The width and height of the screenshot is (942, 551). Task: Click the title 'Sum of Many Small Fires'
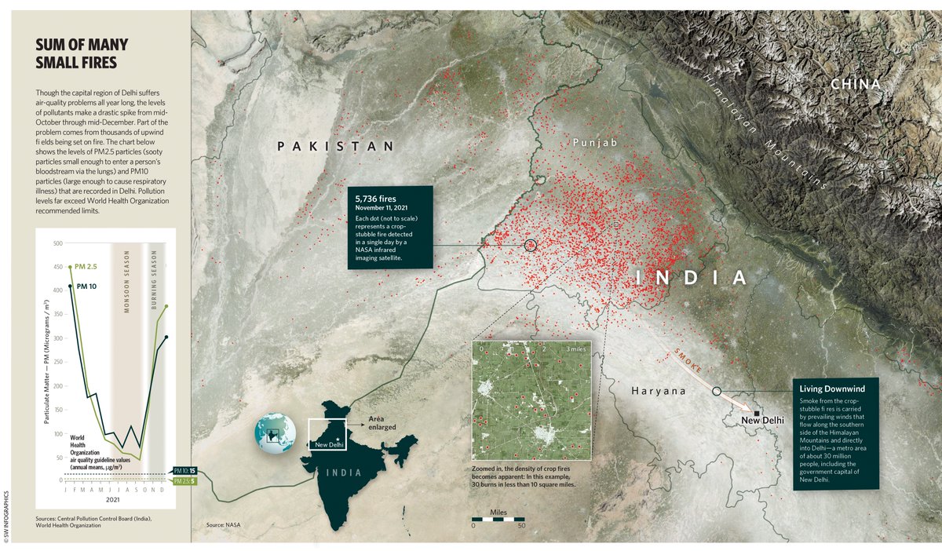82,53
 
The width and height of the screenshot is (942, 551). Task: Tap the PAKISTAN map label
334,146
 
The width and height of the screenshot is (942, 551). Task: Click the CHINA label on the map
856,84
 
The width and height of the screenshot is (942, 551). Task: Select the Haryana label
659,390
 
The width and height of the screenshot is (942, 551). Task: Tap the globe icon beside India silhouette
275,433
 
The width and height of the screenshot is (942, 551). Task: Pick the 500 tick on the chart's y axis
57,243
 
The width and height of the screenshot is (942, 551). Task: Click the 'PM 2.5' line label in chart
86,268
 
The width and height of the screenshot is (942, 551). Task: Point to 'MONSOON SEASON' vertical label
126,282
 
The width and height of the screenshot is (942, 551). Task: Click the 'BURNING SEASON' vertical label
154,282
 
